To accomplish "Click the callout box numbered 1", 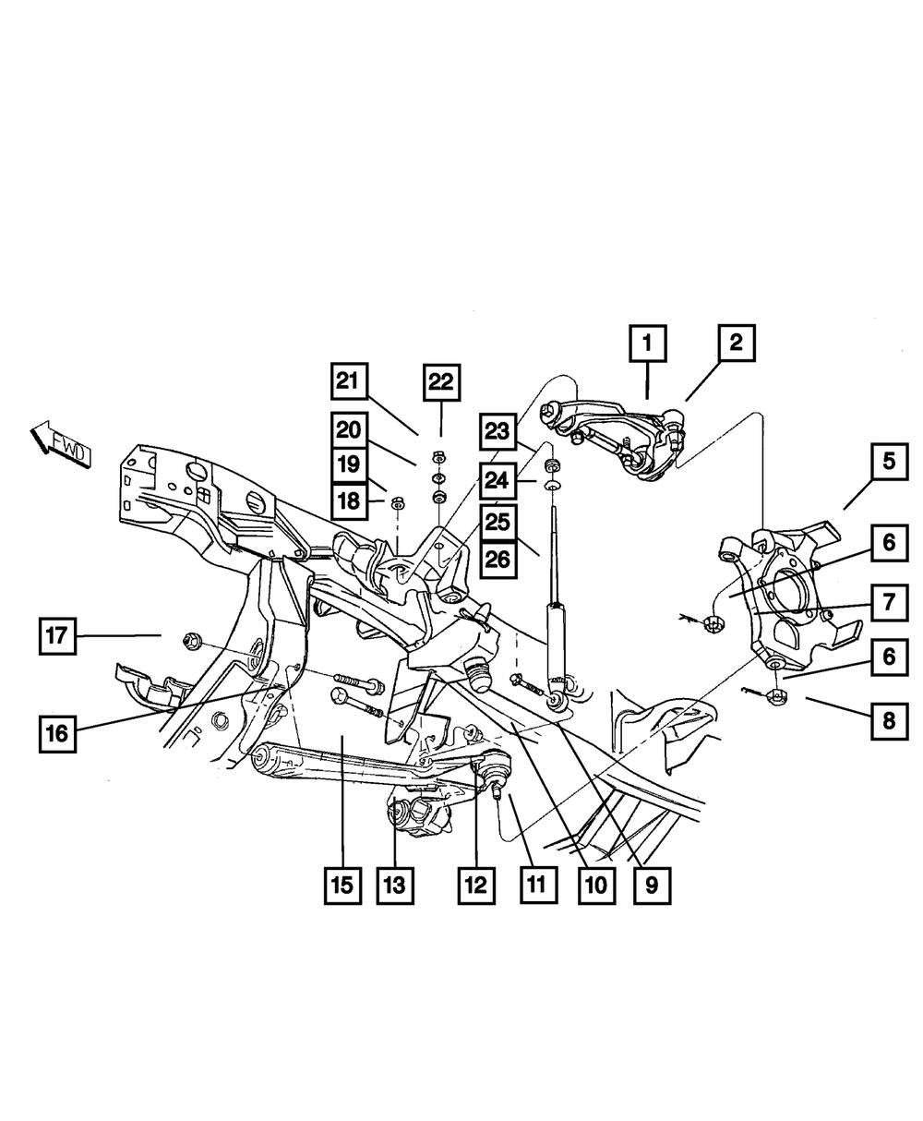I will pos(648,345).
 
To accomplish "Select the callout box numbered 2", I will pos(736,344).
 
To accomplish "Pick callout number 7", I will pos(888,603).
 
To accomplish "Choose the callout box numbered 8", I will pos(888,719).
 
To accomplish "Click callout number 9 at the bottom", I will pos(652,885).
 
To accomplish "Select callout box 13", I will pos(394,885).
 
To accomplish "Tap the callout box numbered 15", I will pos(342,885).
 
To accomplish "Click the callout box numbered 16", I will pos(57,733).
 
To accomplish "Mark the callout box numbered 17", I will pos(57,635).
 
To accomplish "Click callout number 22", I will pos(441,381).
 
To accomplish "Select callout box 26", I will pos(497,559).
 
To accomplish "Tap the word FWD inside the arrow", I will pos(69,451).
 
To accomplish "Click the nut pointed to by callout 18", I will pos(397,502).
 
